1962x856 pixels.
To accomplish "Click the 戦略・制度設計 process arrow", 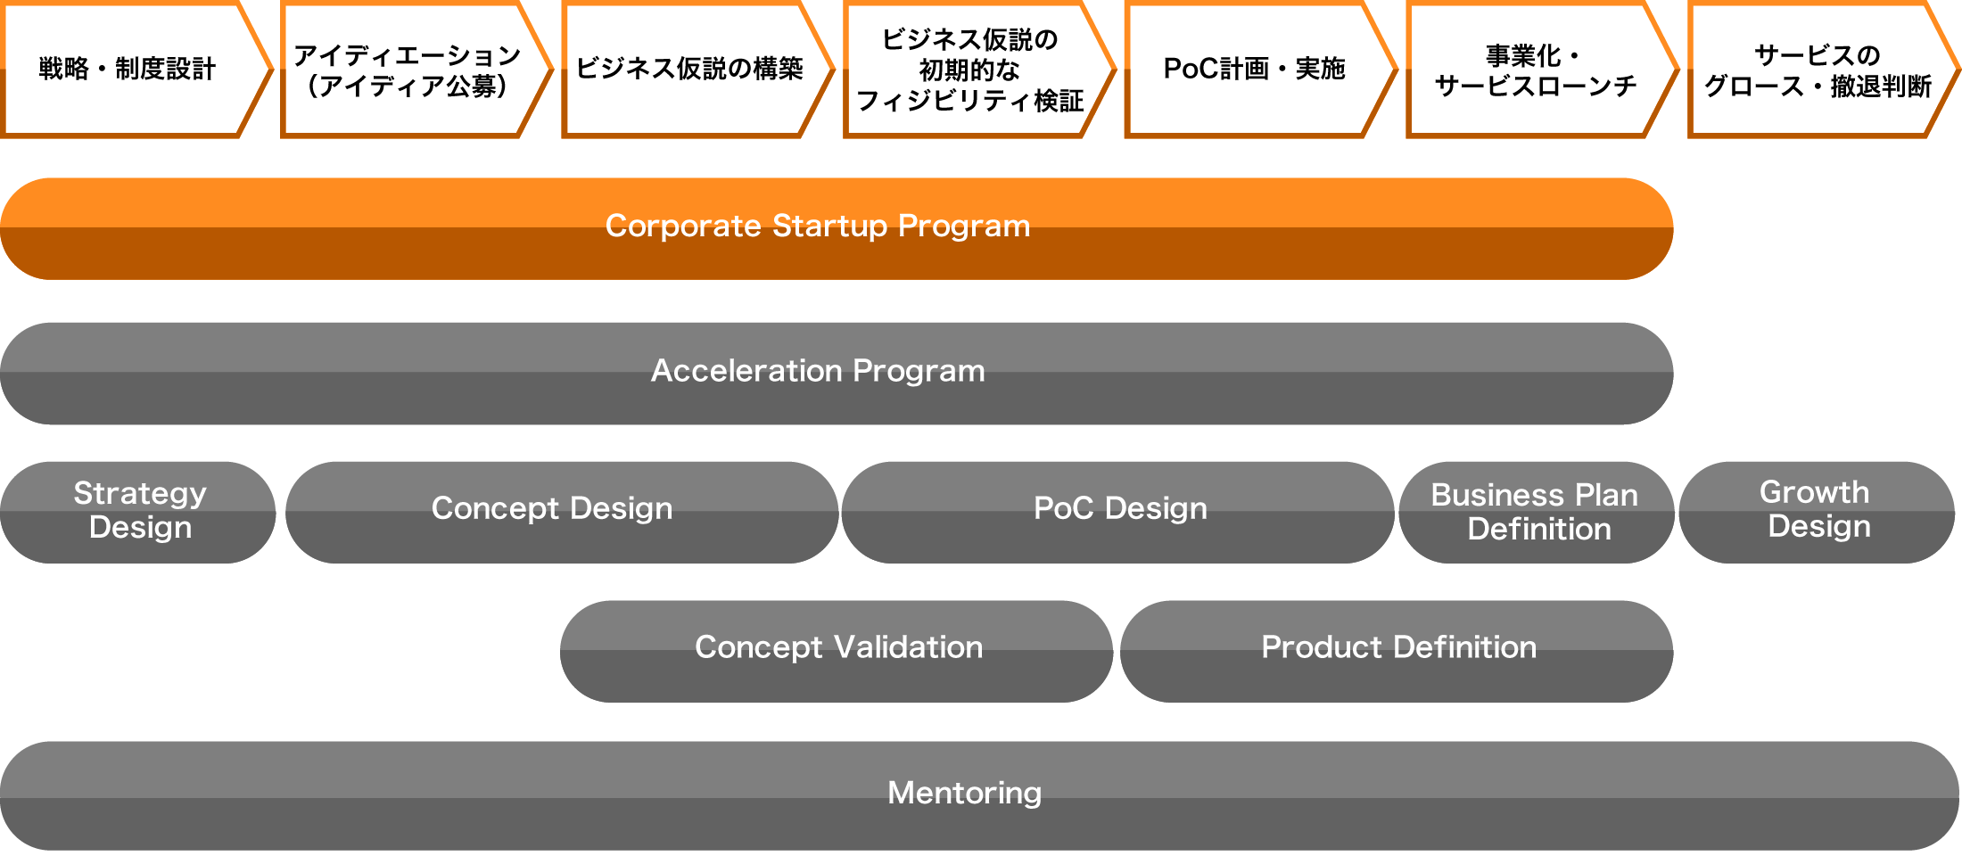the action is pos(134,70).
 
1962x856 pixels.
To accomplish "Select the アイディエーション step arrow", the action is pos(416,70).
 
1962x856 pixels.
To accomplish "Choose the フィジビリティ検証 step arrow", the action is pos(978,70).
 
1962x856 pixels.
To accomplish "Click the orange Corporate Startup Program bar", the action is pos(837,229).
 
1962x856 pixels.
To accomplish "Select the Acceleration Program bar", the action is pos(837,374).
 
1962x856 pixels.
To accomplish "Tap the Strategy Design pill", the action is pos(138,513).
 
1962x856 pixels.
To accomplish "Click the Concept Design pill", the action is pos(562,513).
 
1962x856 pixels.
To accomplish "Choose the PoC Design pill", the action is pos(1118,513).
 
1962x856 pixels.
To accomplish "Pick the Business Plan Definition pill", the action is pos(1537,513).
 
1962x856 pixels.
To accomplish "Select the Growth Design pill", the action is pos(1817,513).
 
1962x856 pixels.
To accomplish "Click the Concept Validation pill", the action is pos(837,652).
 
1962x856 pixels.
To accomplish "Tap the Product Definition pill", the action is pos(1397,652).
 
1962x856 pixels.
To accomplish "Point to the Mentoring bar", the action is pos(979,796).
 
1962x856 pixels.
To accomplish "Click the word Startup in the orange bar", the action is pos(830,226).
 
